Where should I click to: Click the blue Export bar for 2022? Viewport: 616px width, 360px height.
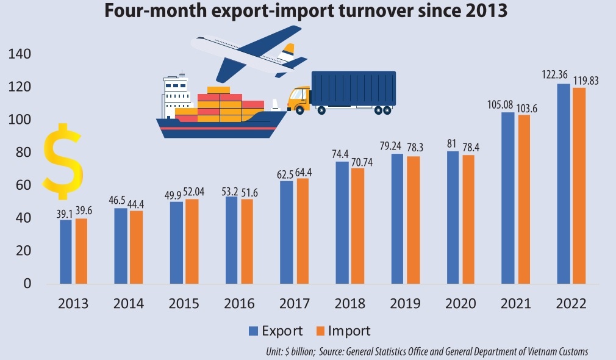tap(564, 183)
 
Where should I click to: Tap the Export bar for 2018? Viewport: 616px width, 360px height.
tap(342, 223)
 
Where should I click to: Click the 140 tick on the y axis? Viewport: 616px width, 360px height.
tap(20, 55)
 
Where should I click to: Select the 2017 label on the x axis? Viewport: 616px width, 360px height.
tap(294, 304)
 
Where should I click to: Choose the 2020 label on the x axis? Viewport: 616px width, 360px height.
tap(460, 304)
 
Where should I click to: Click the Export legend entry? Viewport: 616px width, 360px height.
tap(275, 331)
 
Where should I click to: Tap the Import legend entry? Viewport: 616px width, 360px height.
tap(342, 331)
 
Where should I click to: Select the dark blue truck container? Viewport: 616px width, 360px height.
tap(353, 88)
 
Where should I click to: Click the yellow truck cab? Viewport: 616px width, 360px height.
tap(299, 99)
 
